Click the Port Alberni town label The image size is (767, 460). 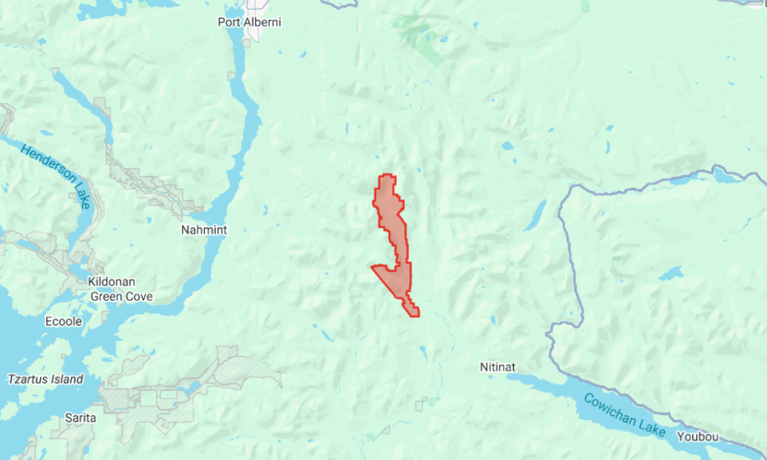pos(250,22)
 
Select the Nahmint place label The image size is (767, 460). pos(203,230)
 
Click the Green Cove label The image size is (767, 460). pos(123,297)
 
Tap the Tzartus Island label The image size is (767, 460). pos(46,380)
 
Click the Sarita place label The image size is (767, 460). pos(81,418)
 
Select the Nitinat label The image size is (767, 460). pos(498,367)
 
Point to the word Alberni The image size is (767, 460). pos(264,22)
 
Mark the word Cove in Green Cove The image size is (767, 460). pos(141,297)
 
